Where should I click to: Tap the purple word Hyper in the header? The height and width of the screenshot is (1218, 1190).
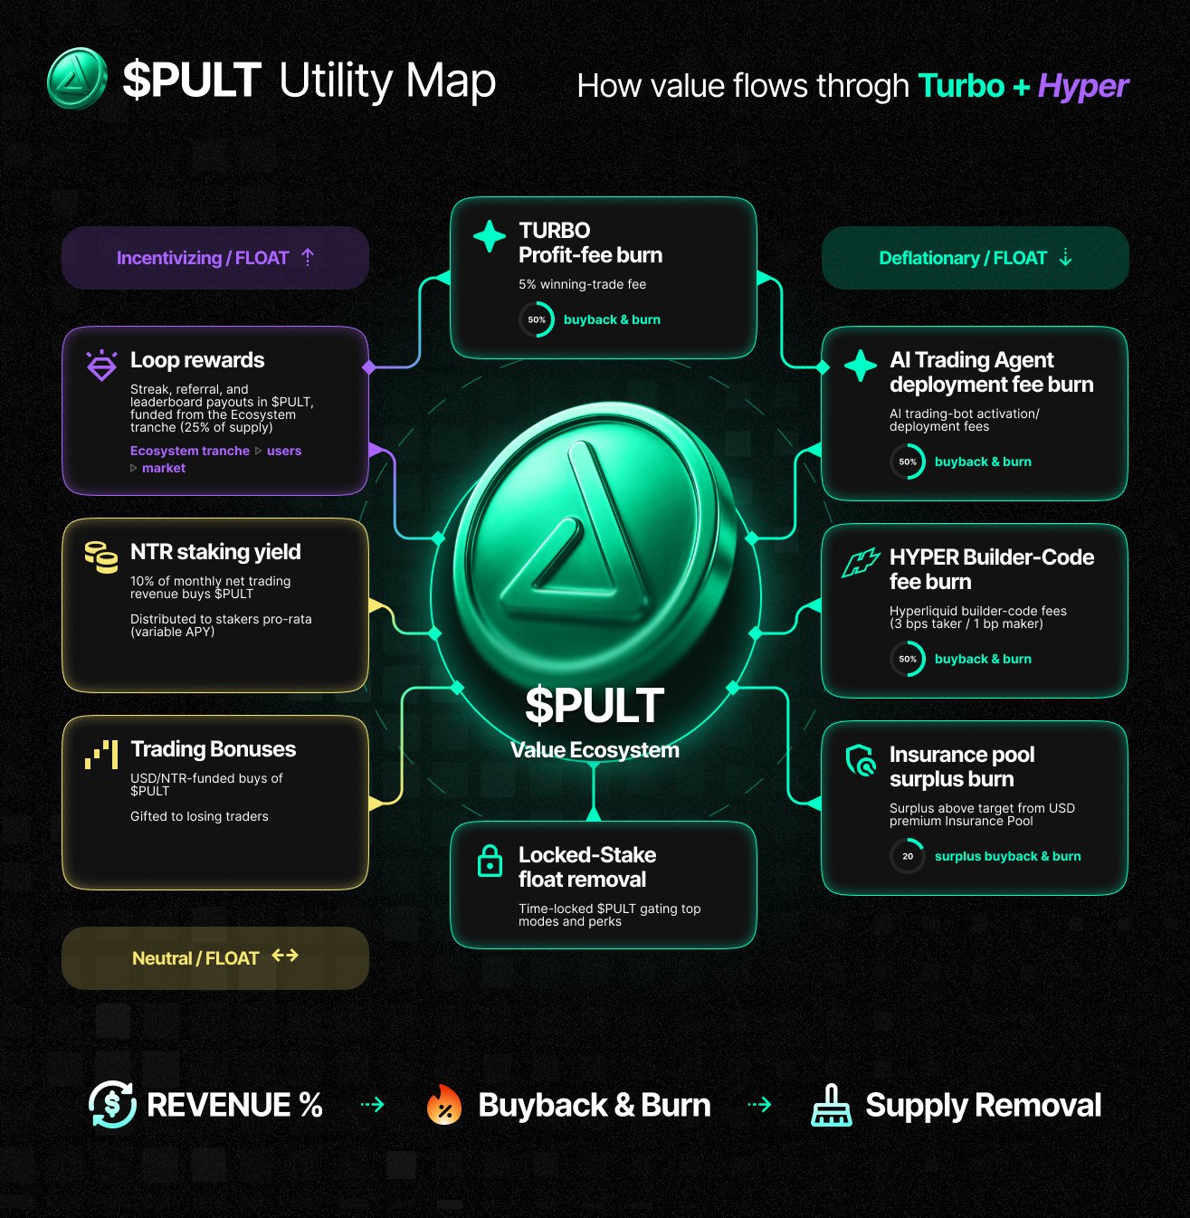point(1083,86)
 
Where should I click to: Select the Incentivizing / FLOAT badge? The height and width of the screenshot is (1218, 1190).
point(214,258)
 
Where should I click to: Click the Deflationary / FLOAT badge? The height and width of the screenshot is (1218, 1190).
point(975,258)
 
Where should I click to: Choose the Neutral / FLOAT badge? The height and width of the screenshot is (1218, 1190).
point(214,957)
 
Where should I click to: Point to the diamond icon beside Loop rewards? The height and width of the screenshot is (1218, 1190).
point(101,366)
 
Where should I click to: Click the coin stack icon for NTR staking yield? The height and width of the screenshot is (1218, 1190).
point(101,557)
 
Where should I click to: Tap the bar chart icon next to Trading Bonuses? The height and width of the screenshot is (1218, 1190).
point(101,754)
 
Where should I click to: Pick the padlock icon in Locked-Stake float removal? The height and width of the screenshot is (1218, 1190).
point(490,861)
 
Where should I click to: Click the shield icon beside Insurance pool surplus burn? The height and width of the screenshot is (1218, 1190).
point(860,760)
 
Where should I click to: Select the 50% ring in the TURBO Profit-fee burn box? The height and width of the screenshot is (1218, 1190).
point(537,319)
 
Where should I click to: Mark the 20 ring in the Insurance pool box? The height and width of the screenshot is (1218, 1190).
point(907,856)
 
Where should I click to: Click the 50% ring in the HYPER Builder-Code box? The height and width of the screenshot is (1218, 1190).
point(907,659)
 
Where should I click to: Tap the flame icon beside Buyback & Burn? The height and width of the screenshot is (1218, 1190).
point(443,1105)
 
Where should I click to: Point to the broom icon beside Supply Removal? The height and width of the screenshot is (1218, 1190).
point(831,1105)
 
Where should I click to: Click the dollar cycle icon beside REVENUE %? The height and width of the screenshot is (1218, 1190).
point(112,1105)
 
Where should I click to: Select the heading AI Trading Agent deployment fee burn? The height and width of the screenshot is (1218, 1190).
point(992,372)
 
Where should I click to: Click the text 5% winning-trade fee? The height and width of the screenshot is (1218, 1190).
point(582,284)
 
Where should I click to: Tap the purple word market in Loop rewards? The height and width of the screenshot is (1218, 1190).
point(164,468)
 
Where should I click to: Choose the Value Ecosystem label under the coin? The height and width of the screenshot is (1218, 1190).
point(595,750)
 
